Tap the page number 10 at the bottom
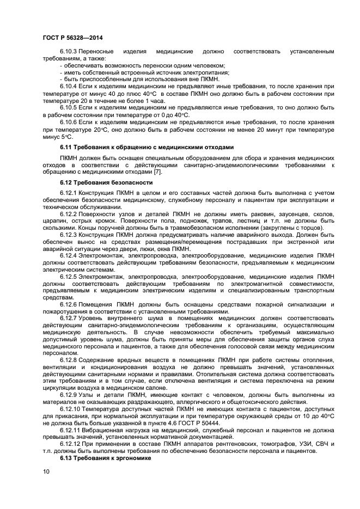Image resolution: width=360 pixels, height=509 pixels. pyautogui.click(x=46, y=471)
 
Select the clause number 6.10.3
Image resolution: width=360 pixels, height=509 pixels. pyautogui.click(x=69, y=52)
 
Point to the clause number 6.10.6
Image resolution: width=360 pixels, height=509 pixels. pyautogui.click(x=69, y=122)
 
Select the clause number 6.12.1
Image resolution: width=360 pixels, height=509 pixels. pyautogui.click(x=69, y=193)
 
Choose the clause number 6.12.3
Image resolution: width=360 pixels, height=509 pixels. pyautogui.click(x=69, y=235)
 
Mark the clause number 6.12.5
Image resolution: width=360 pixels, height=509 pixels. pyautogui.click(x=69, y=277)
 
